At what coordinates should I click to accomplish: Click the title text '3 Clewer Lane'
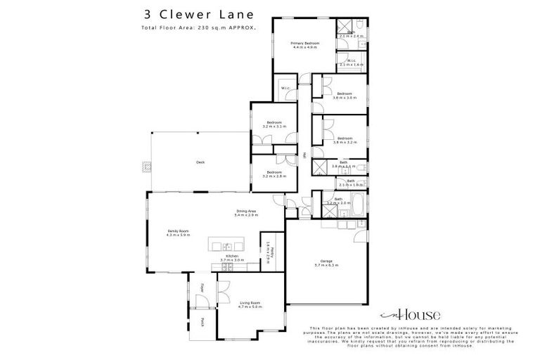coord(189,14)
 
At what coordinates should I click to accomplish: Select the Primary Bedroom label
coord(305,44)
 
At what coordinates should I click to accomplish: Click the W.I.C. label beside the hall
coord(286,88)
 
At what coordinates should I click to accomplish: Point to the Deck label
coord(200,162)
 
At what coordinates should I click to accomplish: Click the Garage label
coord(325,261)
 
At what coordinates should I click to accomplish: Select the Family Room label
coord(179,231)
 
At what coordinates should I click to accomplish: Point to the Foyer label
coord(202,287)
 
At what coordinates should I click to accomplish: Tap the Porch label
coord(202,322)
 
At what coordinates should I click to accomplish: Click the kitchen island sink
coord(229,246)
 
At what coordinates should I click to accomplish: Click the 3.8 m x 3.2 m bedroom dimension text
coord(345,142)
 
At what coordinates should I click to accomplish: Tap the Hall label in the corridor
coord(304,155)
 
